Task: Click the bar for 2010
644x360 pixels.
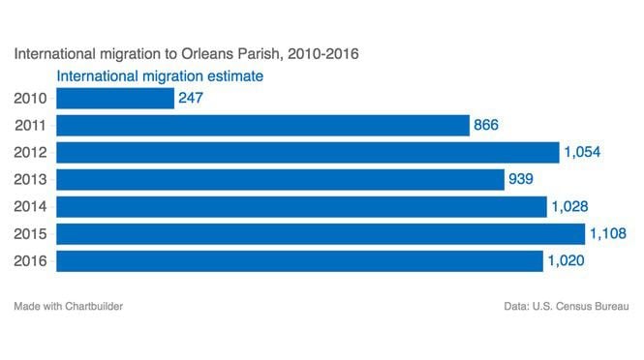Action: click(115, 98)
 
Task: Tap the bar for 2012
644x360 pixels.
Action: click(308, 152)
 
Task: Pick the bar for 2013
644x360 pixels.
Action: click(281, 179)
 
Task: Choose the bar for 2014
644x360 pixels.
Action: click(302, 206)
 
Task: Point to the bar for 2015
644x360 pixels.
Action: click(322, 233)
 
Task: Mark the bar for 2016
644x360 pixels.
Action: click(300, 260)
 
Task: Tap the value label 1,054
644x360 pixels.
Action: click(582, 152)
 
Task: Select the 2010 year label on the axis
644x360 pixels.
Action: click(31, 98)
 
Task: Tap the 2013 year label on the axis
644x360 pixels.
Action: click(31, 179)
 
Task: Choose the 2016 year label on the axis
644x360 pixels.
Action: click(31, 260)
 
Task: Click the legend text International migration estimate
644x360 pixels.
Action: click(161, 75)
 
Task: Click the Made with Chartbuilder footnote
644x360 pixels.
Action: click(68, 307)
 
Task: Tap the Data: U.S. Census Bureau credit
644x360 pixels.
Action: click(567, 307)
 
